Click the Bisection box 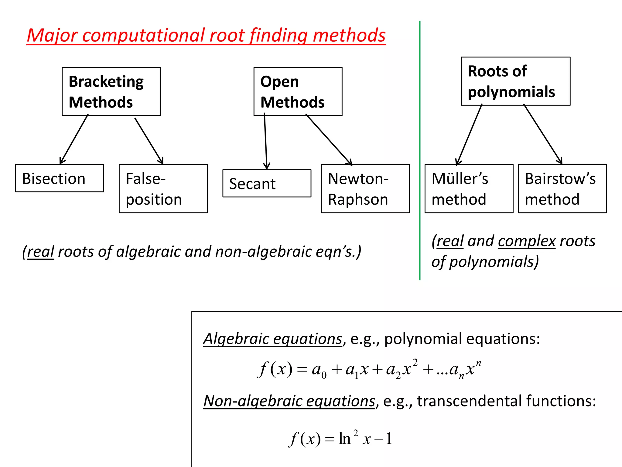point(60,178)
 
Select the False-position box point(163,189)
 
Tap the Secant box point(267,183)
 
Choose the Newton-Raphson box point(365,189)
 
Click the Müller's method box point(469,189)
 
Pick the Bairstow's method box point(562,189)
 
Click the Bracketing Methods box point(111,92)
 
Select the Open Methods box point(298,92)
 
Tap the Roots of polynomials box point(515,81)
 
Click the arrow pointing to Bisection point(74,140)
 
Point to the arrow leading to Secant point(266,141)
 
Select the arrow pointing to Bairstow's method point(543,134)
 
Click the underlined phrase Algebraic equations point(273,339)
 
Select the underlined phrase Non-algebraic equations point(289,401)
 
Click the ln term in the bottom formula point(345,439)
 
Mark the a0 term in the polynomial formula point(319,371)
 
